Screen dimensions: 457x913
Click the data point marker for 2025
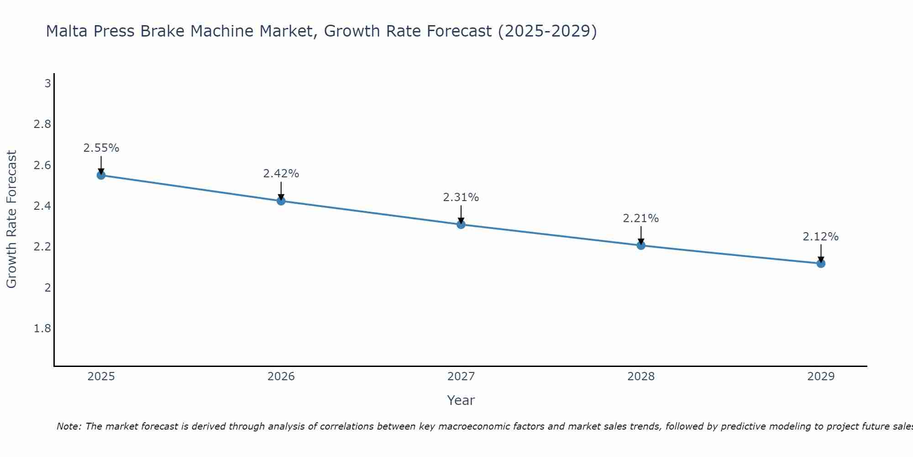coord(101,175)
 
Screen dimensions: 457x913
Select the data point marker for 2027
coord(461,224)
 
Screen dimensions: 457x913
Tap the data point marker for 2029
coord(821,263)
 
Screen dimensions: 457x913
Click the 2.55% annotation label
coord(101,148)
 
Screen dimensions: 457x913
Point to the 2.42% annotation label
coord(281,174)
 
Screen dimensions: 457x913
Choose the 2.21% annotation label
coord(641,218)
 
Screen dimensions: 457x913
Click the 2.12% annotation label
coord(821,237)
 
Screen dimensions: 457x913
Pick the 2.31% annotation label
coord(461,197)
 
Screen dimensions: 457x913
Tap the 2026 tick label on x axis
coord(281,377)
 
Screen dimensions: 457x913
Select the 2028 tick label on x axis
coord(641,377)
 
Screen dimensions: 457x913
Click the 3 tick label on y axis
coord(47,84)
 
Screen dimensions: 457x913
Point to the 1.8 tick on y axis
coord(42,329)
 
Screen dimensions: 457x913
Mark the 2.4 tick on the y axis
coord(42,206)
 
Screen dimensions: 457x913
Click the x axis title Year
coord(461,400)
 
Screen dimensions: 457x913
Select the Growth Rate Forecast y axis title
coord(11,219)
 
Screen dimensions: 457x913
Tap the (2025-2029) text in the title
coord(547,31)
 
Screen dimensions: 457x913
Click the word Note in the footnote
coord(68,426)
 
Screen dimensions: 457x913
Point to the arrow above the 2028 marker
coord(641,235)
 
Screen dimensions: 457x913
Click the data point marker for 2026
coord(281,201)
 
